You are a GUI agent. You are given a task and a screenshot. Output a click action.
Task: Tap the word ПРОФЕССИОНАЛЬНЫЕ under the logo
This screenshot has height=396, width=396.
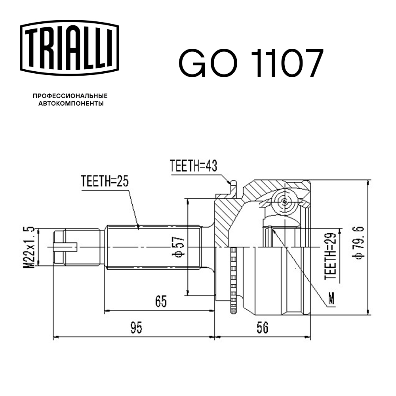tap(70, 96)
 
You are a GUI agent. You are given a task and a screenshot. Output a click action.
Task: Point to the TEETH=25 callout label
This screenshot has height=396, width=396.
tap(105, 181)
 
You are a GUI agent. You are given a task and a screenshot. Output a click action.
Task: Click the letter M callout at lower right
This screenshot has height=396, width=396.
tap(331, 299)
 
